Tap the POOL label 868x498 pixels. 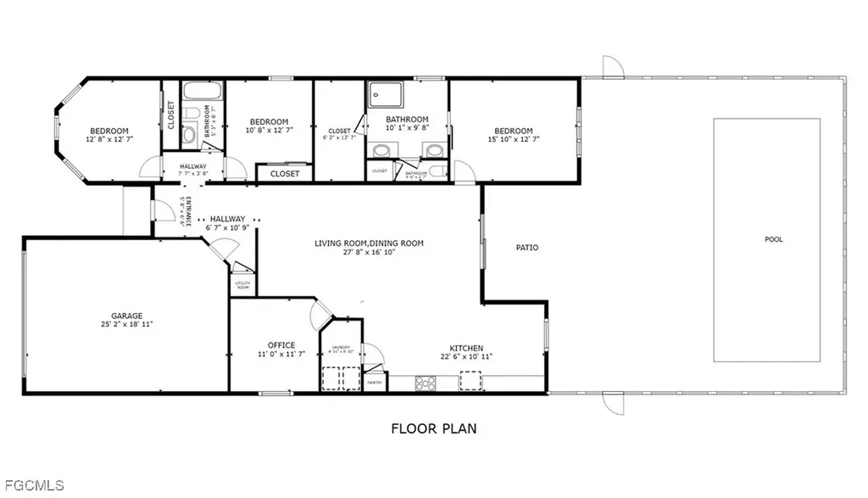tap(773, 239)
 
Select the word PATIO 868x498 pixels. tap(527, 248)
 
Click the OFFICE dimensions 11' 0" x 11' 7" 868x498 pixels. tap(281, 354)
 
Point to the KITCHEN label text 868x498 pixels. tap(466, 348)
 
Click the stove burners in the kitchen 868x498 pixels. tap(424, 382)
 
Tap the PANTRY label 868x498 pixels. tap(374, 383)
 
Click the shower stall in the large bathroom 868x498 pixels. tap(380, 95)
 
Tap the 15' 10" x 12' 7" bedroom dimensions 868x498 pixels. tap(513, 138)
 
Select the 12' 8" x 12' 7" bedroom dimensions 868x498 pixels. tap(109, 138)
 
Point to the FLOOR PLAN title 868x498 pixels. tap(433, 428)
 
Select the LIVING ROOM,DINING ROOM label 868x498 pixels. tap(369, 243)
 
